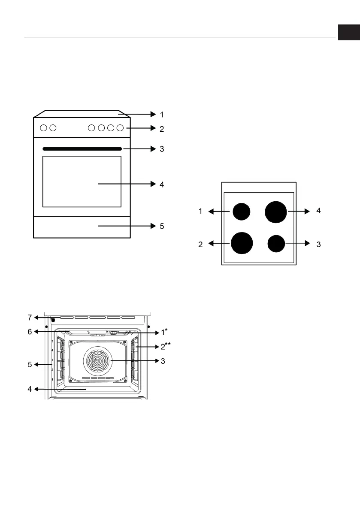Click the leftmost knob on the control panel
pyautogui.click(x=43, y=128)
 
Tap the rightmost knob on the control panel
pyautogui.click(x=120, y=128)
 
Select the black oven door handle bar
pyautogui.click(x=82, y=149)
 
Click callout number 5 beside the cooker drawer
pyautogui.click(x=162, y=226)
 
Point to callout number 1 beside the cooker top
pyautogui.click(x=162, y=115)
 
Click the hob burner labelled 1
pyautogui.click(x=242, y=212)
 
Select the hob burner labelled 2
pyautogui.click(x=242, y=243)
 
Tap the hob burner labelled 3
pyautogui.click(x=276, y=243)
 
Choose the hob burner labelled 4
pyautogui.click(x=275, y=212)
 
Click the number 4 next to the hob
pyautogui.click(x=319, y=211)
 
